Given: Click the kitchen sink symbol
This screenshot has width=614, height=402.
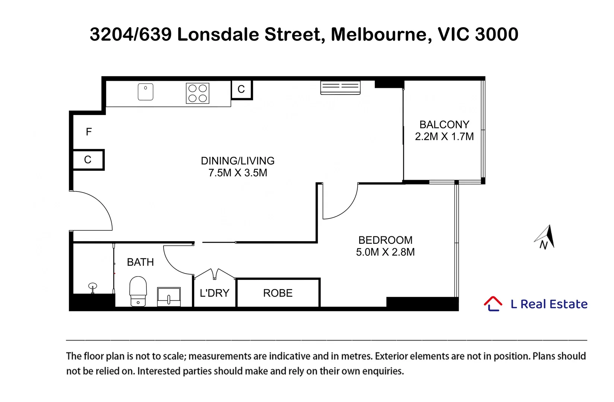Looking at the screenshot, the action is pyautogui.click(x=146, y=92).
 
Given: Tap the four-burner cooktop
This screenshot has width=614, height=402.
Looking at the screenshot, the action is pyautogui.click(x=197, y=93).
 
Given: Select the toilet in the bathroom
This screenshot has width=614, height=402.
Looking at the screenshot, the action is pyautogui.click(x=138, y=291).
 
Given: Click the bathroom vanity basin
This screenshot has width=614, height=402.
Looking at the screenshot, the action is pyautogui.click(x=169, y=297).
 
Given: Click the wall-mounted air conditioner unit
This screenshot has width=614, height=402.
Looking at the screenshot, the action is pyautogui.click(x=341, y=87).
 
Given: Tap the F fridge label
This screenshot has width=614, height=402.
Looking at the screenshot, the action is pyautogui.click(x=89, y=132).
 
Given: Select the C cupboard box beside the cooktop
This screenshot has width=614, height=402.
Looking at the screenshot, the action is pyautogui.click(x=241, y=90).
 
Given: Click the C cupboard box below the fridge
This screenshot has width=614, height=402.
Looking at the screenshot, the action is pyautogui.click(x=88, y=160).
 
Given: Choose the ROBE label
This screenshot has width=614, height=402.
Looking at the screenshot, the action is pyautogui.click(x=278, y=293).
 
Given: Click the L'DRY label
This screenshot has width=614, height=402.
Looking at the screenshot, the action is pyautogui.click(x=214, y=293).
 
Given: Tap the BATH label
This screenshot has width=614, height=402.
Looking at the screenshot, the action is pyautogui.click(x=140, y=262).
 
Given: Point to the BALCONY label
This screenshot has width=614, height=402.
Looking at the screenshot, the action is pyautogui.click(x=444, y=125).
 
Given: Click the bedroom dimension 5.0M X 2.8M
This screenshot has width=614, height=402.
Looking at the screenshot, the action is pyautogui.click(x=385, y=252).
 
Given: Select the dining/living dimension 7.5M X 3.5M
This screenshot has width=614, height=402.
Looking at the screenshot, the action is pyautogui.click(x=238, y=173).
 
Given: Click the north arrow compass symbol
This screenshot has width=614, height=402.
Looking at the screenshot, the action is pyautogui.click(x=544, y=237).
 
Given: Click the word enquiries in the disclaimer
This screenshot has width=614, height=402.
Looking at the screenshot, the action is pyautogui.click(x=383, y=371).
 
